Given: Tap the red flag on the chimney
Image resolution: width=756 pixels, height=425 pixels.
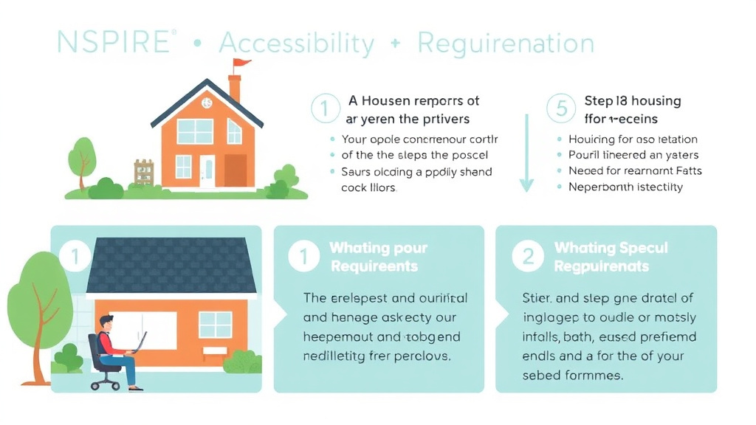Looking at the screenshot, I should pyautogui.click(x=241, y=66).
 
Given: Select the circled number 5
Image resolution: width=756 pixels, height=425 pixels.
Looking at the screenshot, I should pyautogui.click(x=561, y=109).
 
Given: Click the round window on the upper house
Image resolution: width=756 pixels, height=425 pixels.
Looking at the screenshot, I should pyautogui.click(x=207, y=103).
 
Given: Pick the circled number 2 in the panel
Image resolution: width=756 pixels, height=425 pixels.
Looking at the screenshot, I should pyautogui.click(x=527, y=256).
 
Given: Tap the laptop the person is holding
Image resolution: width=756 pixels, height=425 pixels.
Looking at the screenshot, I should pyautogui.click(x=139, y=343).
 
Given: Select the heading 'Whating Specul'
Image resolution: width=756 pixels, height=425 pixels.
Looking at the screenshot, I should pyautogui.click(x=611, y=248).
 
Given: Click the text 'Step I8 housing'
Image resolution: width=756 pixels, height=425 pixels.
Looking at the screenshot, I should pyautogui.click(x=632, y=101).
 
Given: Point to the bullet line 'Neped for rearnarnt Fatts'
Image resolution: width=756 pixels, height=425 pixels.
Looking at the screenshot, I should pyautogui.click(x=635, y=170).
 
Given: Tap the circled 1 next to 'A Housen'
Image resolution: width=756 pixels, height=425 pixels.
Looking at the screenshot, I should pyautogui.click(x=324, y=109).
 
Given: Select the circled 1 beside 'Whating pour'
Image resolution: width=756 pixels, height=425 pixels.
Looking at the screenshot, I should pyautogui.click(x=303, y=256).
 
